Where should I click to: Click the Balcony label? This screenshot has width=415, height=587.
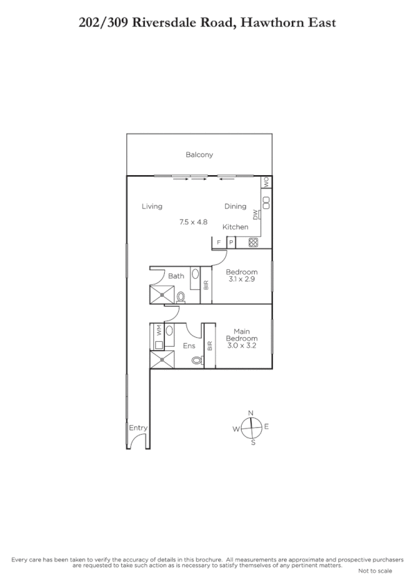pyautogui.click(x=199, y=155)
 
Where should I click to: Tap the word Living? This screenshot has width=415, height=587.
pyautogui.click(x=152, y=206)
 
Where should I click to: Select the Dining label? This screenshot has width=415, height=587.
pyautogui.click(x=235, y=206)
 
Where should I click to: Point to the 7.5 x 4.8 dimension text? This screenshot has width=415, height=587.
pyautogui.click(x=193, y=222)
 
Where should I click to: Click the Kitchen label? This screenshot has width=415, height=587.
pyautogui.click(x=235, y=227)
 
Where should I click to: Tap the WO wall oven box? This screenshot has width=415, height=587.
pyautogui.click(x=265, y=183)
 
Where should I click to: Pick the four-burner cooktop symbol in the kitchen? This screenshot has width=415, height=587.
pyautogui.click(x=253, y=242)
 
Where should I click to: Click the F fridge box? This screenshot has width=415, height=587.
pyautogui.click(x=219, y=242)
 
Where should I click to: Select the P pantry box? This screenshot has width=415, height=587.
pyautogui.click(x=231, y=242)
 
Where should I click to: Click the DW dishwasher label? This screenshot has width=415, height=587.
pyautogui.click(x=256, y=215)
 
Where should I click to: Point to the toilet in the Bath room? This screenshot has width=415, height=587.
pyautogui.click(x=181, y=297)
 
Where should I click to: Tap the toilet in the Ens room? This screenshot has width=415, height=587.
pyautogui.click(x=196, y=360)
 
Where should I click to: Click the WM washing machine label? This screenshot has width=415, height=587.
pyautogui.click(x=159, y=331)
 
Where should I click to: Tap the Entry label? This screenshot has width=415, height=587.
pyautogui.click(x=138, y=428)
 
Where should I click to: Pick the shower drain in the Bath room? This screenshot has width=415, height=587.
pyautogui.click(x=164, y=294)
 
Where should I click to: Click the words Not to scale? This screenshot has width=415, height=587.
pyautogui.click(x=375, y=571)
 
